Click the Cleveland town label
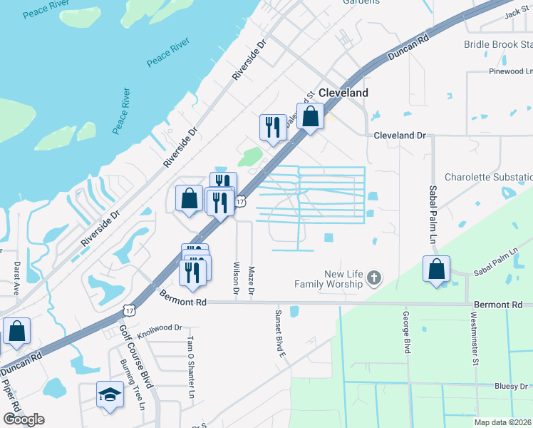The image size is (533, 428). point(343,93)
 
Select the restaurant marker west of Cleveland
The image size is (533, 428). point(272,128)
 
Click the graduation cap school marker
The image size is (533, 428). point(110,394)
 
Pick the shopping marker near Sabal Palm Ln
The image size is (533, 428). point(436,269)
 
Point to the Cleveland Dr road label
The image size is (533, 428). point(399,135)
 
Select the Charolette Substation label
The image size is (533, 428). point(488,177)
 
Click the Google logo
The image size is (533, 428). point(24,419)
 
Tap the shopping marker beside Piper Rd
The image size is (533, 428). point(16,332)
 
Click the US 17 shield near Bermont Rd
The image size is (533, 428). point(128,310)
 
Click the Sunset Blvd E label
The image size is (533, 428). point(281,333)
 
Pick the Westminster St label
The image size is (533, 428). point(475,333)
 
